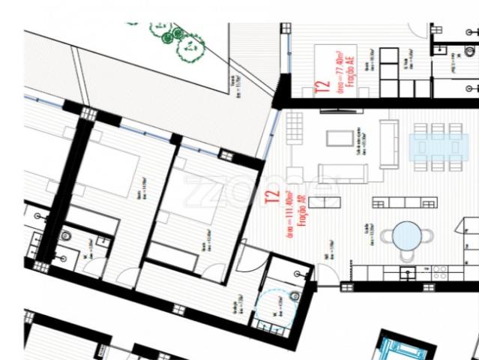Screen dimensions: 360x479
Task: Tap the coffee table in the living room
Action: point(340,138)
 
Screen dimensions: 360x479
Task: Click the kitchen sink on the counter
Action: point(408,270)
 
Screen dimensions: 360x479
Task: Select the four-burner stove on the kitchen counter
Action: point(442,269)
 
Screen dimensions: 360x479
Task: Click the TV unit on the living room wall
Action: point(342,111)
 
